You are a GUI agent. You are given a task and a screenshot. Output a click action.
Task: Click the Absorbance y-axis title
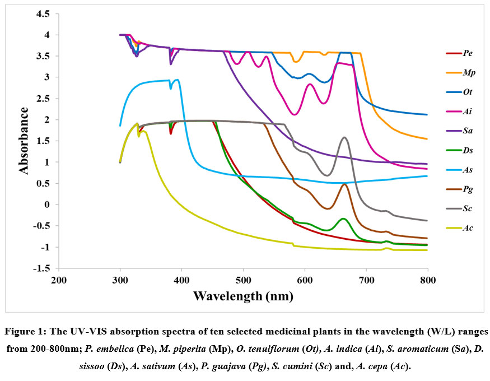(24, 140)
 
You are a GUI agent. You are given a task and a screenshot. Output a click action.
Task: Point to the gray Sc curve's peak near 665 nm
(344, 137)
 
